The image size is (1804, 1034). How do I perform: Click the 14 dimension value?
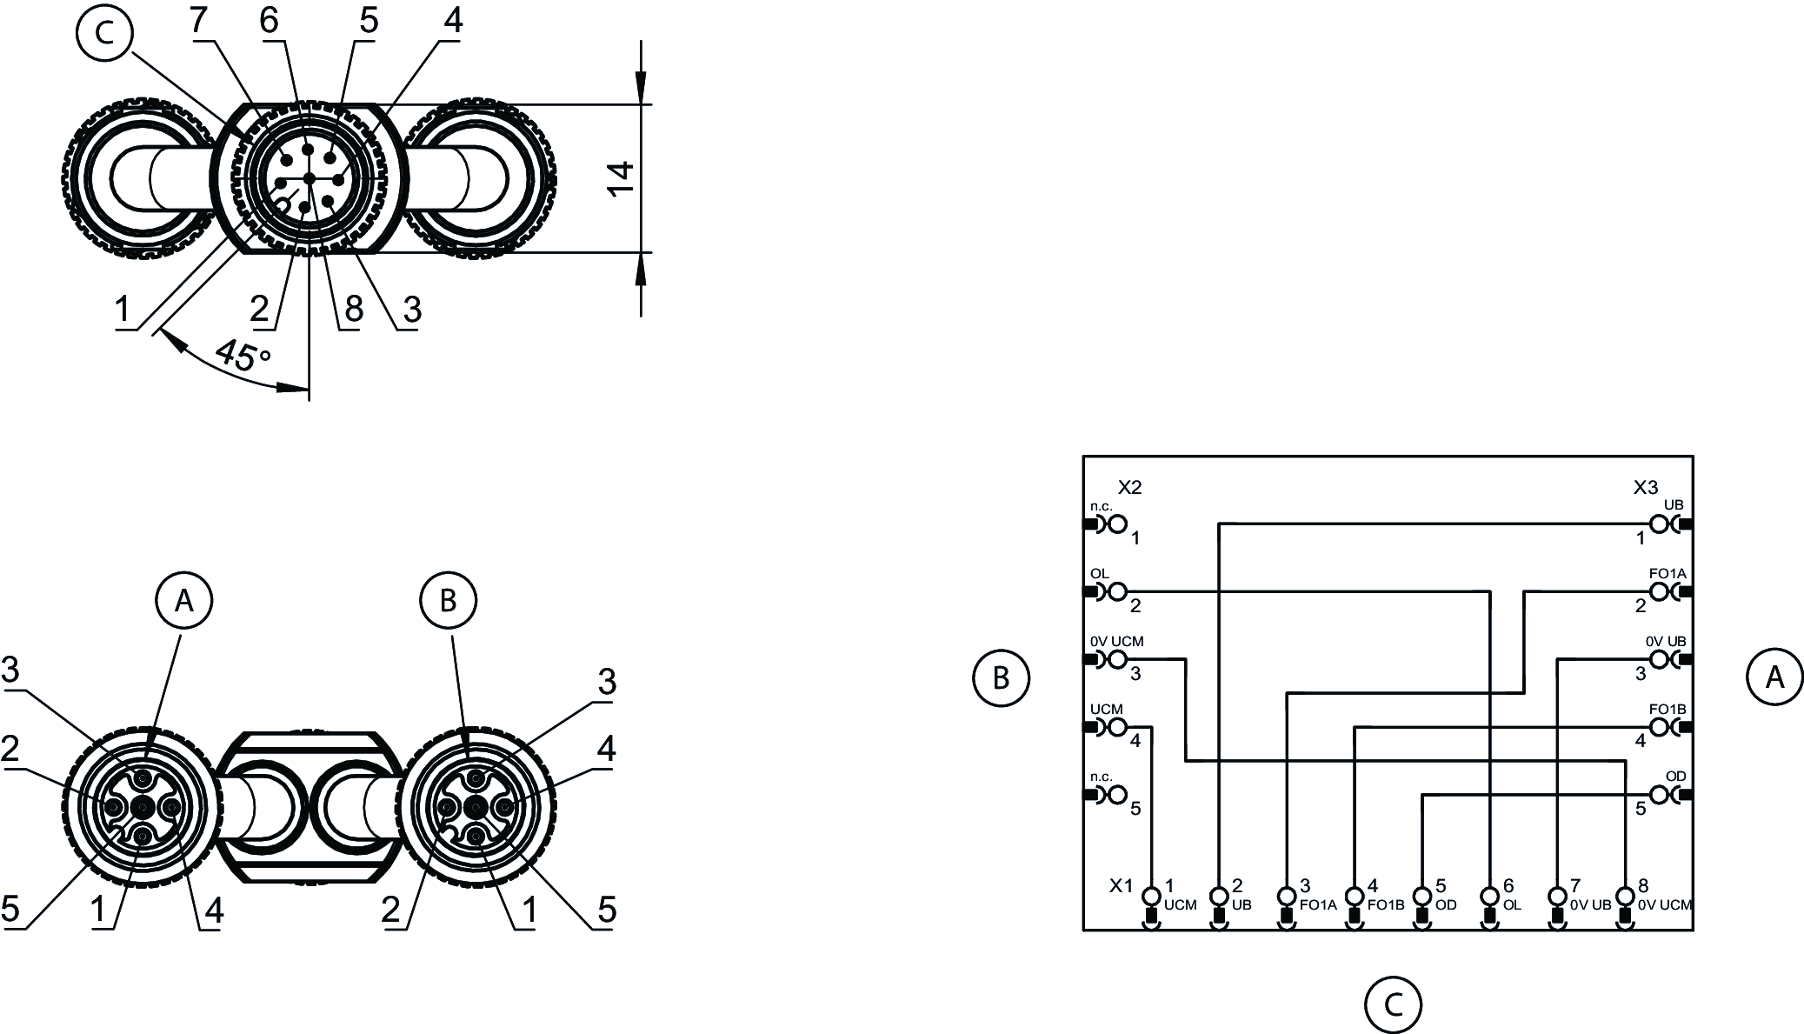[x=622, y=178]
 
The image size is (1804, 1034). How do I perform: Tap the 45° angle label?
[x=243, y=356]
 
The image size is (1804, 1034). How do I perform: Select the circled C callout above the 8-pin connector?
[x=104, y=33]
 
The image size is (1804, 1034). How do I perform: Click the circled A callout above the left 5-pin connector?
[x=183, y=600]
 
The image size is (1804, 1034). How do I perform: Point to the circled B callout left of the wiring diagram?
[x=1001, y=677]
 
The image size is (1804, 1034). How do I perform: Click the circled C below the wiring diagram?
[x=1393, y=1004]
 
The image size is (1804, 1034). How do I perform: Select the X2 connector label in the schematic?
[x=1129, y=488]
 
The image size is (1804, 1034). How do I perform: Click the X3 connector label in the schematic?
[x=1645, y=488]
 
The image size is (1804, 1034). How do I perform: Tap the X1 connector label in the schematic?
[x=1122, y=885]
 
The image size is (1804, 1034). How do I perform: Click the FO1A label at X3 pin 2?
[x=1668, y=574]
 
